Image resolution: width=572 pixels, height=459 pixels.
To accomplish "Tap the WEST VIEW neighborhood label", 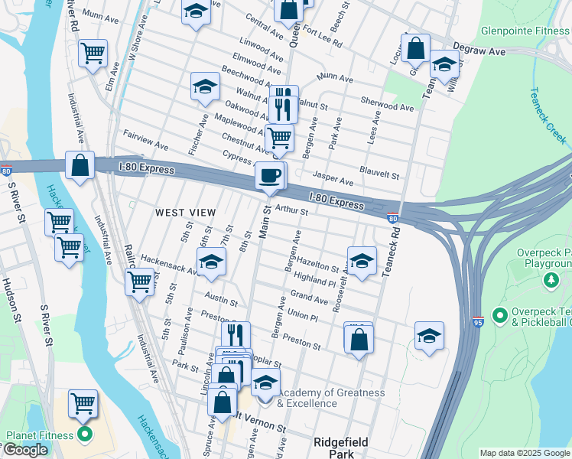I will [186, 212].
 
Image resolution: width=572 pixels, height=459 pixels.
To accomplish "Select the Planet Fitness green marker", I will [84, 436].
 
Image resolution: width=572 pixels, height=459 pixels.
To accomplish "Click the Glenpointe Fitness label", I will [525, 32].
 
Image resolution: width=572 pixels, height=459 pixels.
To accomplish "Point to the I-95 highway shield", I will [478, 321].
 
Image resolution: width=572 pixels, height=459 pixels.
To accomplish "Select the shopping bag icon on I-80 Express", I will [80, 166].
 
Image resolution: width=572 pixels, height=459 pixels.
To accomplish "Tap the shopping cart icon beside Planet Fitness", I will [83, 402].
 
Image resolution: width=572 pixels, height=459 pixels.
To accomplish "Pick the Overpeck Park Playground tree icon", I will [551, 282].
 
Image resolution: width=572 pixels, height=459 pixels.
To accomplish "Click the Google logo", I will [25, 450].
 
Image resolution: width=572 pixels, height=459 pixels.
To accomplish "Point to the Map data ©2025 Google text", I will [524, 453].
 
